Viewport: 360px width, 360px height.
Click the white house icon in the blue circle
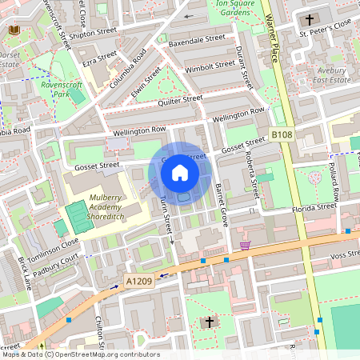180,172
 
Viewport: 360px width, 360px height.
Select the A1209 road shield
137,282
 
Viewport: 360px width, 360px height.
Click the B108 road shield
280,135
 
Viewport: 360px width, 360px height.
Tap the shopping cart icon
245,245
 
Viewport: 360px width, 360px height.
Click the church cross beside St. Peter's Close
309,19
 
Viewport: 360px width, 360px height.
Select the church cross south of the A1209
210,322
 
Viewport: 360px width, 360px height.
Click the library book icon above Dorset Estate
14,30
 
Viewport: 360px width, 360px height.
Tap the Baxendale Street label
197,38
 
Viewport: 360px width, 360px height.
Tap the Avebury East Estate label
331,76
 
